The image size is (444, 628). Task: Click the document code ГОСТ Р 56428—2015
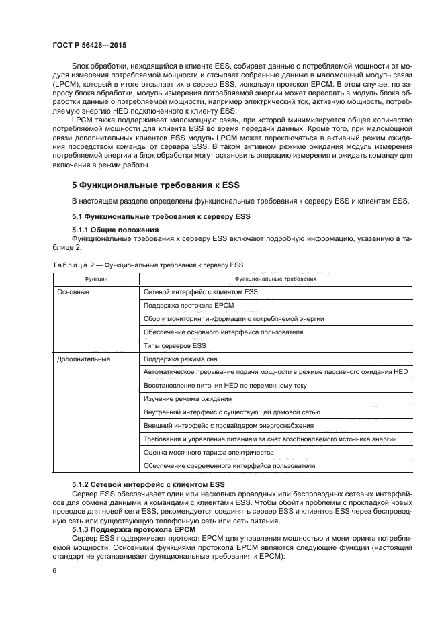pyautogui.click(x=89, y=44)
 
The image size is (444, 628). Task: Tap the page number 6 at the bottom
pyautogui.click(x=56, y=570)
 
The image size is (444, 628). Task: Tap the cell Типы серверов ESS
pyautogui.click(x=175, y=345)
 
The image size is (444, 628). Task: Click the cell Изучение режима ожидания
pyautogui.click(x=189, y=398)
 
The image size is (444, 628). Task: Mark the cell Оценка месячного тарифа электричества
pyautogui.click(x=209, y=452)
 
